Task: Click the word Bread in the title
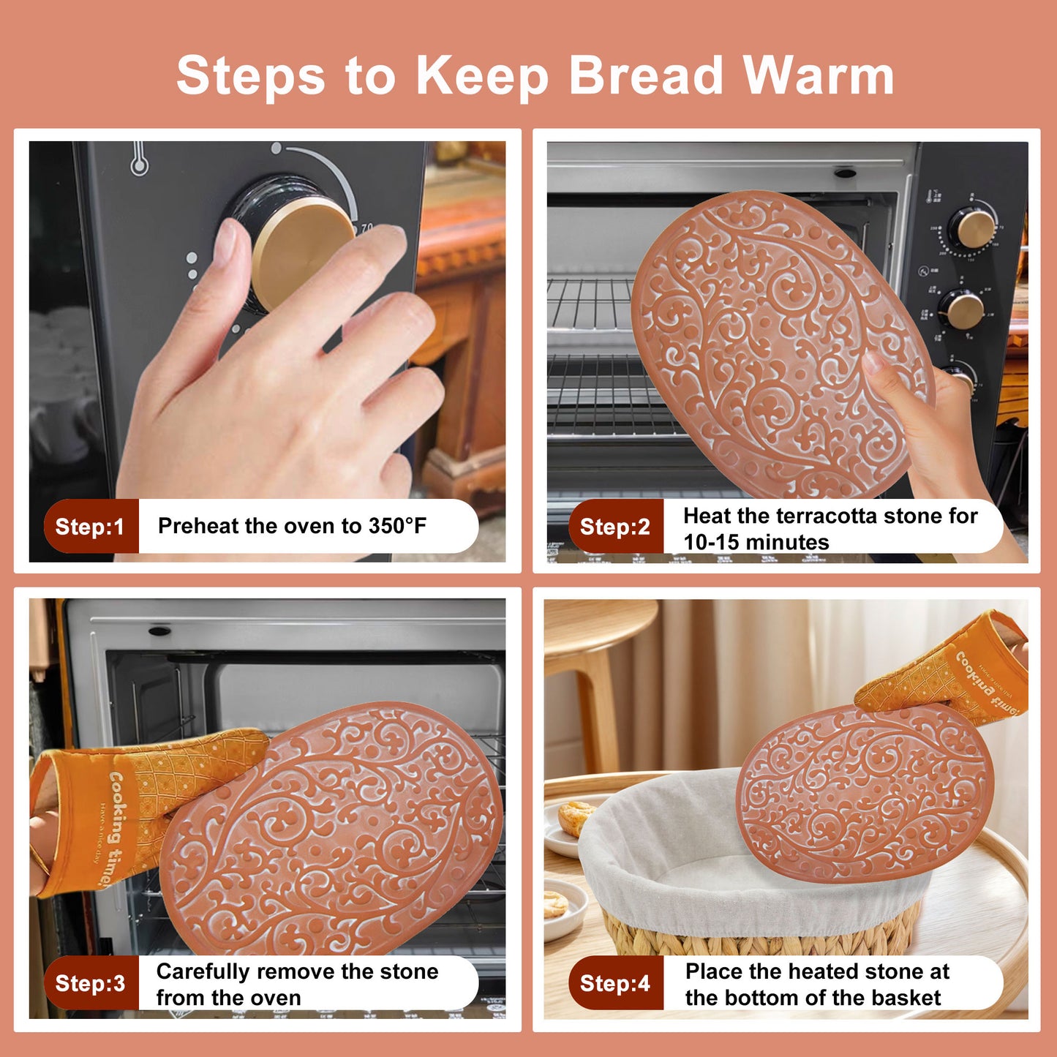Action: coord(646,75)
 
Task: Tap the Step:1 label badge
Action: coord(91,527)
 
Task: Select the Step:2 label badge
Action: coord(615,527)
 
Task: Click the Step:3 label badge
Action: coord(91,983)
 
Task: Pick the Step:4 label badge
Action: coord(615,983)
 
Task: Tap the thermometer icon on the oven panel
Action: coord(138,159)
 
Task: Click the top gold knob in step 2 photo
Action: coord(975,227)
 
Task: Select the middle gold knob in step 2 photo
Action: coord(964,309)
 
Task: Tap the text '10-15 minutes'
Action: coord(756,543)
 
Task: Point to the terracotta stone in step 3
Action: coord(336,827)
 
